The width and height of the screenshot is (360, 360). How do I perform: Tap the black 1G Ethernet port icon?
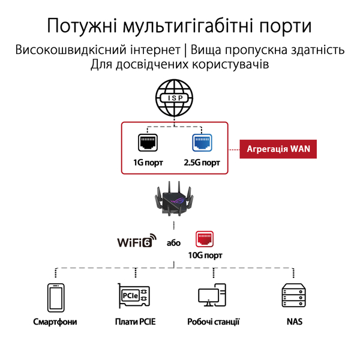pyautogui.click(x=147, y=143)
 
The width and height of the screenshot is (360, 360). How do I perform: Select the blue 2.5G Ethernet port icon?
pyautogui.click(x=201, y=143)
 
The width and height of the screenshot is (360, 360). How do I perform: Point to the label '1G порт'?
pyautogui.click(x=148, y=163)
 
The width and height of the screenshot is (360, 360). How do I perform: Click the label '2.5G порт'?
pyautogui.click(x=202, y=163)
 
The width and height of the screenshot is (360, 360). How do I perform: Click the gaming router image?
pyautogui.click(x=174, y=202)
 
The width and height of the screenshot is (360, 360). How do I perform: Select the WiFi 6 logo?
pyautogui.click(x=136, y=242)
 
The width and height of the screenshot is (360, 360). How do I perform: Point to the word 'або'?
pyautogui.click(x=174, y=243)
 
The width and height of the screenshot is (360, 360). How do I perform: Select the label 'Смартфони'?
pyautogui.click(x=55, y=322)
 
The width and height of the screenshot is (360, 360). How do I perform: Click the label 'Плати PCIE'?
pyautogui.click(x=135, y=322)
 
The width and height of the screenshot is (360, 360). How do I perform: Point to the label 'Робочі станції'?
pyautogui.click(x=213, y=322)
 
